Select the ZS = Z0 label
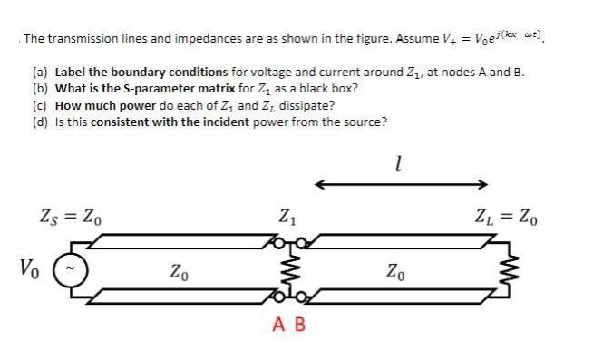click(x=73, y=218)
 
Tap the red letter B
click(x=299, y=322)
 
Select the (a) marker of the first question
click(x=41, y=72)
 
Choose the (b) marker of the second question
click(x=41, y=89)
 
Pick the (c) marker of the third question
click(x=41, y=105)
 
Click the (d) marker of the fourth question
click(x=41, y=122)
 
